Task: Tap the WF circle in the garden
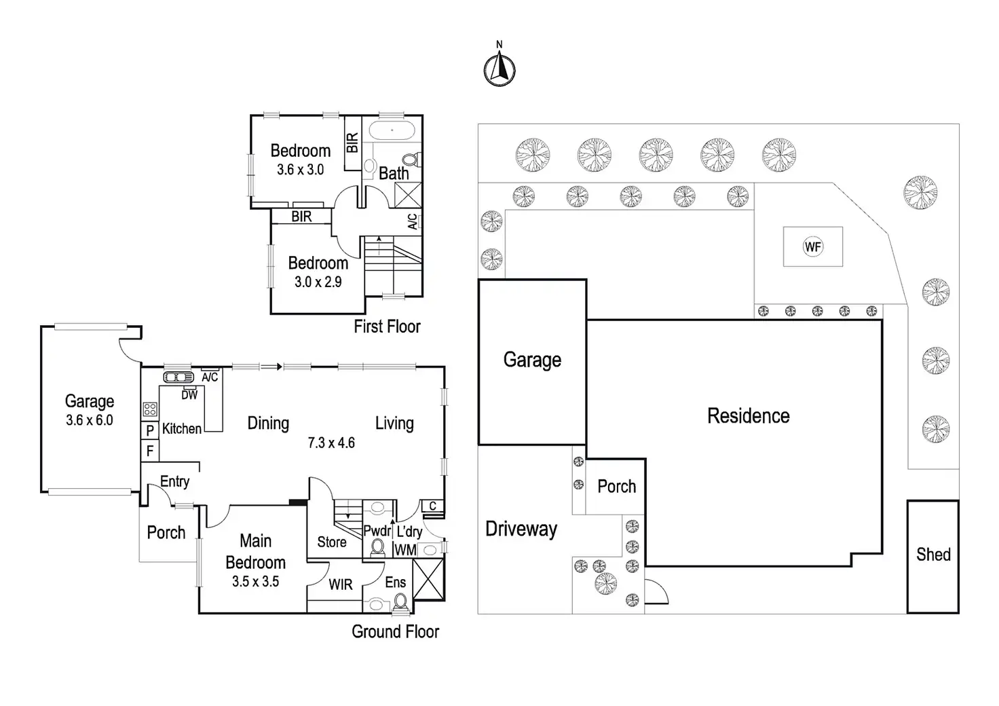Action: point(812,246)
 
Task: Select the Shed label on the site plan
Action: point(933,555)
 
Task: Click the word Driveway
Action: point(521,529)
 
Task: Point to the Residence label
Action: point(748,415)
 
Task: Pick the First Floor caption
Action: point(387,327)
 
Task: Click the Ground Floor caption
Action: point(395,632)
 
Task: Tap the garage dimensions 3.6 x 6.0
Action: point(90,420)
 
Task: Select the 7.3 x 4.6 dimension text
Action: point(331,443)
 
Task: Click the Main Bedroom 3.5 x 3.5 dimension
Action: point(255,582)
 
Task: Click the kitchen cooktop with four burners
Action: point(150,409)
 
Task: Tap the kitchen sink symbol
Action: point(178,377)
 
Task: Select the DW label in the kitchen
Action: point(189,394)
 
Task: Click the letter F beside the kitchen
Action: point(150,450)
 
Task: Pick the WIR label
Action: point(340,584)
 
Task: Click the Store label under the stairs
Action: point(332,542)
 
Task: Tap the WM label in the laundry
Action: point(405,550)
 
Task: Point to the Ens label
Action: point(395,582)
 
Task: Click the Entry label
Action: point(174,481)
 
